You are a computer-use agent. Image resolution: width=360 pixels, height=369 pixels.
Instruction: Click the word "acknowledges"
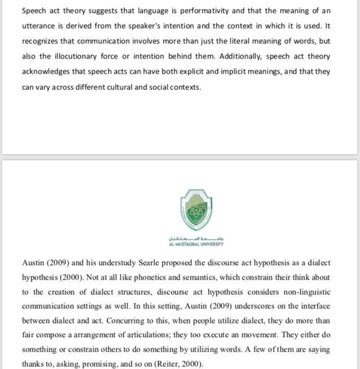[x=47, y=71]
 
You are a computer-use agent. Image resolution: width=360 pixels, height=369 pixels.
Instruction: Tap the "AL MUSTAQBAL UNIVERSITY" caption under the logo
[x=196, y=244]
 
